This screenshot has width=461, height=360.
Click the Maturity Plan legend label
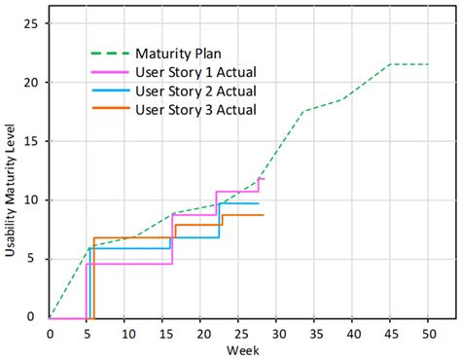182,54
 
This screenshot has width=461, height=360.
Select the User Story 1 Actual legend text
196,72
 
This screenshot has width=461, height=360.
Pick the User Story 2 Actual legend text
196,90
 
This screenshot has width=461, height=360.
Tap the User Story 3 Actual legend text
196,109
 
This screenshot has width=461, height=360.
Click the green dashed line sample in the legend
109,54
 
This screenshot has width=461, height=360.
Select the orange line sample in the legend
109,109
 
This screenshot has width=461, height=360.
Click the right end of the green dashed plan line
428,64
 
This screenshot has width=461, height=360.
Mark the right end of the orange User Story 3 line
263,215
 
